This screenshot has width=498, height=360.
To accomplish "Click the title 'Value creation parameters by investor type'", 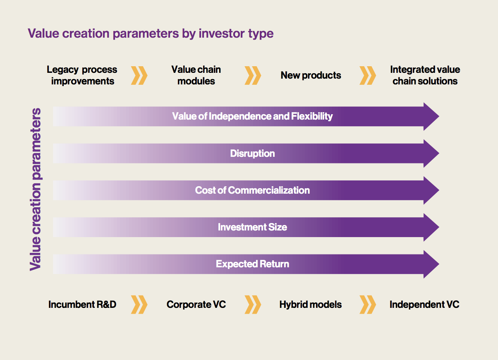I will pyautogui.click(x=151, y=33).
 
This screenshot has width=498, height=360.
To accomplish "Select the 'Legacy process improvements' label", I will pyautogui.click(x=82, y=75).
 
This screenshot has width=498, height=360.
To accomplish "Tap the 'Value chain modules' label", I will pyautogui.click(x=196, y=75).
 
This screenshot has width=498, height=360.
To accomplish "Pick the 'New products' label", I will pyautogui.click(x=311, y=75).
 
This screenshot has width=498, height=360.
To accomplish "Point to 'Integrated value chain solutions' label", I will pyautogui.click(x=425, y=75).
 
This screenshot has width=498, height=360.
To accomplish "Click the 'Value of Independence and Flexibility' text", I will pyautogui.click(x=252, y=116).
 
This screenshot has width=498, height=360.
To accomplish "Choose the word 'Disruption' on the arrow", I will pyautogui.click(x=252, y=154).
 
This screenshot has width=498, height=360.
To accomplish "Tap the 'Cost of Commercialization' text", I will pyautogui.click(x=252, y=190).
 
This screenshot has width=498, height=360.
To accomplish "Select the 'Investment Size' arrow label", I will pyautogui.click(x=252, y=227).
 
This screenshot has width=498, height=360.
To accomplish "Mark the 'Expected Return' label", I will pyautogui.click(x=252, y=264).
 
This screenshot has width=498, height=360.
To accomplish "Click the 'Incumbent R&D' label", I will pyautogui.click(x=82, y=305).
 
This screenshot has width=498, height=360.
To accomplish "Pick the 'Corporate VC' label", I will pyautogui.click(x=196, y=305).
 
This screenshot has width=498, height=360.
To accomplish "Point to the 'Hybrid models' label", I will pyautogui.click(x=311, y=305).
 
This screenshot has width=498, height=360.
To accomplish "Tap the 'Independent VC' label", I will pyautogui.click(x=424, y=305).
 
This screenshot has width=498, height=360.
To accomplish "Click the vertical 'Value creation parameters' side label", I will pyautogui.click(x=36, y=190).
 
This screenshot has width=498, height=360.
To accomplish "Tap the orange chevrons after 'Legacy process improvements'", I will pyautogui.click(x=139, y=75).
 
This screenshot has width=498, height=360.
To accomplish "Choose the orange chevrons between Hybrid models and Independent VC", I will pyautogui.click(x=368, y=305).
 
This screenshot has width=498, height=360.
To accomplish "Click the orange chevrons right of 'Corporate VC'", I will pyautogui.click(x=253, y=305).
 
